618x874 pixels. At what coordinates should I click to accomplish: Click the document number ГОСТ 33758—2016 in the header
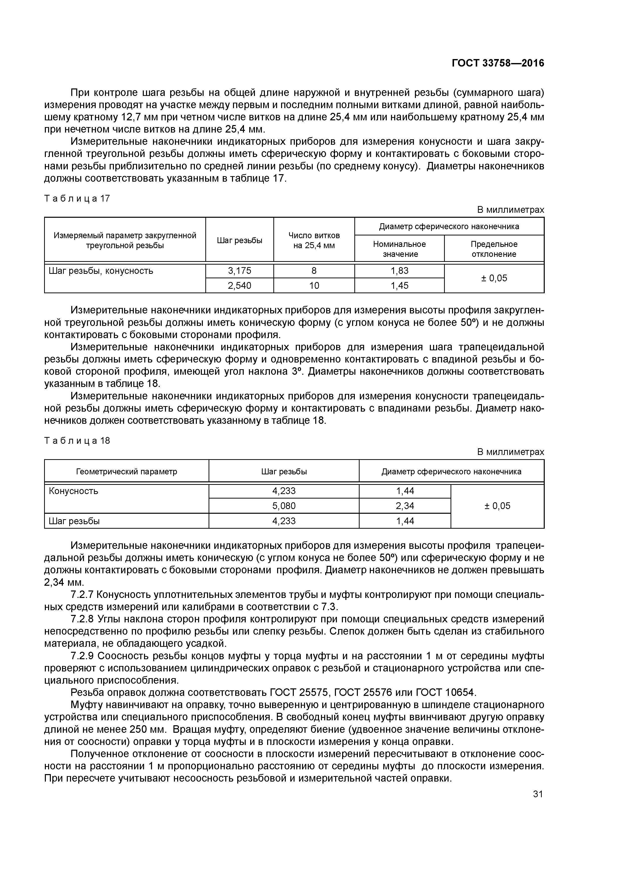(x=498, y=63)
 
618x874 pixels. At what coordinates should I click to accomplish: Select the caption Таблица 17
(x=77, y=198)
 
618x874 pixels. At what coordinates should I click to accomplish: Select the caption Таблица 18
(x=77, y=440)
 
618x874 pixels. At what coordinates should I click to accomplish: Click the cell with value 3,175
(x=239, y=271)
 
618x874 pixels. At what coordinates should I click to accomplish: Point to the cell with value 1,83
(x=399, y=271)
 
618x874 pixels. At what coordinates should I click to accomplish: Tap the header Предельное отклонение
(x=494, y=249)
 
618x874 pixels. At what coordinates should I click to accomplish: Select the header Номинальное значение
(x=399, y=249)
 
